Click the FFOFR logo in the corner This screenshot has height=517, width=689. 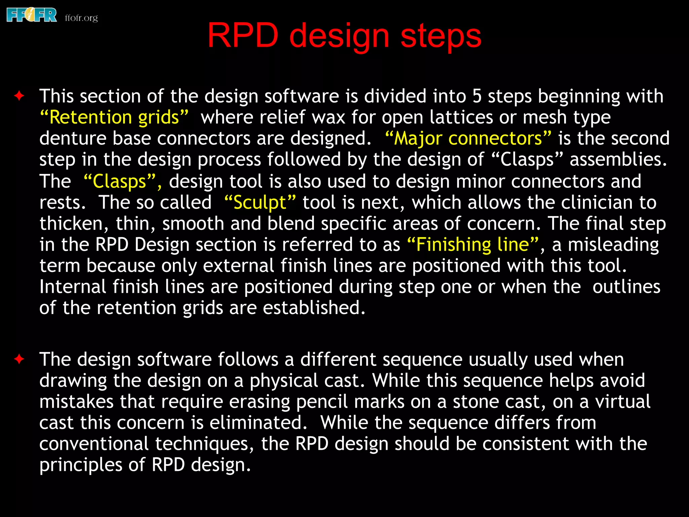(x=32, y=15)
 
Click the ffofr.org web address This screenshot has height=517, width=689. (x=81, y=18)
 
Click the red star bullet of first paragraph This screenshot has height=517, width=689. (x=19, y=96)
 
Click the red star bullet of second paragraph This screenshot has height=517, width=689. (x=19, y=359)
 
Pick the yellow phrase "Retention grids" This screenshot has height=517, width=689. (x=114, y=117)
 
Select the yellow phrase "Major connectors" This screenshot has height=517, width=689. (x=468, y=138)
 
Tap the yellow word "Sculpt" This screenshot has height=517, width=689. (x=260, y=203)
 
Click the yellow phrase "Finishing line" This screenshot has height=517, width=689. (x=473, y=244)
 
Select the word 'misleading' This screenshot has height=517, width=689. (x=613, y=244)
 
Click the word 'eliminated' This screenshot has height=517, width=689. (x=258, y=423)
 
